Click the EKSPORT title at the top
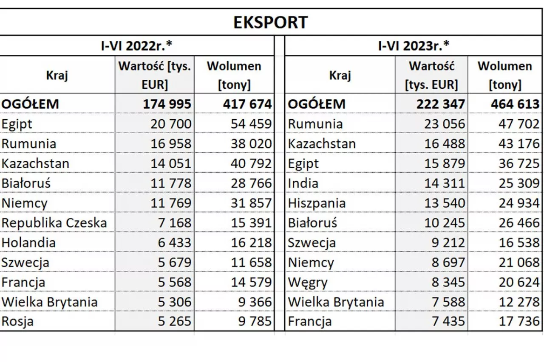coord(270,22)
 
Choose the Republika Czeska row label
coord(54,223)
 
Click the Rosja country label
coord(17,322)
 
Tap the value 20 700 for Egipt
coord(171,124)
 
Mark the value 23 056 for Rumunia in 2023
coord(445,124)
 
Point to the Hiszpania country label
coord(317,203)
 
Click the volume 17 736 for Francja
coord(518,322)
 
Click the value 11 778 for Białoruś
coord(171,183)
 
